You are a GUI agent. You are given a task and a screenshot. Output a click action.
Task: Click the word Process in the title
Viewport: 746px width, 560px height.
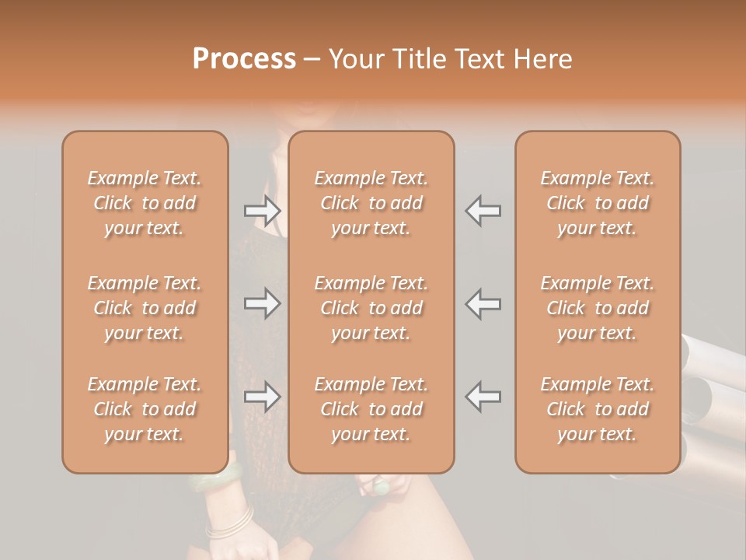coord(244,59)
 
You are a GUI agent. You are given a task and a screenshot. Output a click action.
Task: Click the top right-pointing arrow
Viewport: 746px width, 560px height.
coord(262,210)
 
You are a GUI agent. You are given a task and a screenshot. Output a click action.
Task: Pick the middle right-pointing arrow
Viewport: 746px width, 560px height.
coord(262,303)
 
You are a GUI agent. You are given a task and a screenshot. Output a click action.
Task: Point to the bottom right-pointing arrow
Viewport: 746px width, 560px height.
coord(262,397)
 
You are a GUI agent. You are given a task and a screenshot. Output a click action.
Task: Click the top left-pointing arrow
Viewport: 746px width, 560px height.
coord(483,210)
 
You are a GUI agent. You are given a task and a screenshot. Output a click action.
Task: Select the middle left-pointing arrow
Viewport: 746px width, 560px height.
coord(483,303)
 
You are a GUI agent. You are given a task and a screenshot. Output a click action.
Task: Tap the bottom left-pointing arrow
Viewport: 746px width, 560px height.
coord(483,397)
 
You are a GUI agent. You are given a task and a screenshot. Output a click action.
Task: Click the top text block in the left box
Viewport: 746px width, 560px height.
coord(145,203)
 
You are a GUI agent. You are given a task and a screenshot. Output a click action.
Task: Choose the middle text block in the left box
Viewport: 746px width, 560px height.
coord(145,308)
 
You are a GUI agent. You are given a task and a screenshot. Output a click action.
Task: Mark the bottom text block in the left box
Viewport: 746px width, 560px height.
coord(145,409)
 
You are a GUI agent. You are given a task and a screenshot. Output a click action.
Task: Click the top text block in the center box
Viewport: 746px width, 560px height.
coord(371,203)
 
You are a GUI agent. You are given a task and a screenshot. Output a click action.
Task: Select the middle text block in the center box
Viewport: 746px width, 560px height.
coord(371,308)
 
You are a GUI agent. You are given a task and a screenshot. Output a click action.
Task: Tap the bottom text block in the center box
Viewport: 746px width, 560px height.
coord(371,409)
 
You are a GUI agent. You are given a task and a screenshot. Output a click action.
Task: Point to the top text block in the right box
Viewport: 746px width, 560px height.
coord(597,203)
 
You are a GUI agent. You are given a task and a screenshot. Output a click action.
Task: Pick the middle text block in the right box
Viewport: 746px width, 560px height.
coord(597,308)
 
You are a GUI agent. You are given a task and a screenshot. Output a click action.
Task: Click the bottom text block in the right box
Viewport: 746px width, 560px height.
coord(597,409)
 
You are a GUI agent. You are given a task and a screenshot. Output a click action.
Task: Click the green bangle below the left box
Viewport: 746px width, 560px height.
coord(214,481)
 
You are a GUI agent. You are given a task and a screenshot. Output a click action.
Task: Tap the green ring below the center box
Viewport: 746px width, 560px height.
coord(381,488)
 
